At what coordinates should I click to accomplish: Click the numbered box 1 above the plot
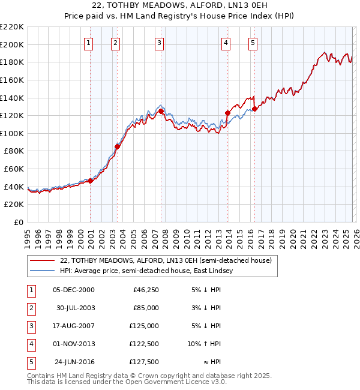[88, 43]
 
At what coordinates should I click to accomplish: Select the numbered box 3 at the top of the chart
[159, 43]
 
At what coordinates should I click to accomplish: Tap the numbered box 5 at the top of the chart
[253, 43]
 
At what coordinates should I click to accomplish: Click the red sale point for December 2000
[91, 181]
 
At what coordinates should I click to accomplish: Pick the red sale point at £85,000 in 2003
[118, 146]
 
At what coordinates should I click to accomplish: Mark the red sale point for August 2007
[161, 111]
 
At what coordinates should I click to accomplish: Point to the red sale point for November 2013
[227, 113]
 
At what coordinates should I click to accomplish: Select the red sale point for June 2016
[255, 109]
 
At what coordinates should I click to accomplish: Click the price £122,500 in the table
[145, 344]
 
